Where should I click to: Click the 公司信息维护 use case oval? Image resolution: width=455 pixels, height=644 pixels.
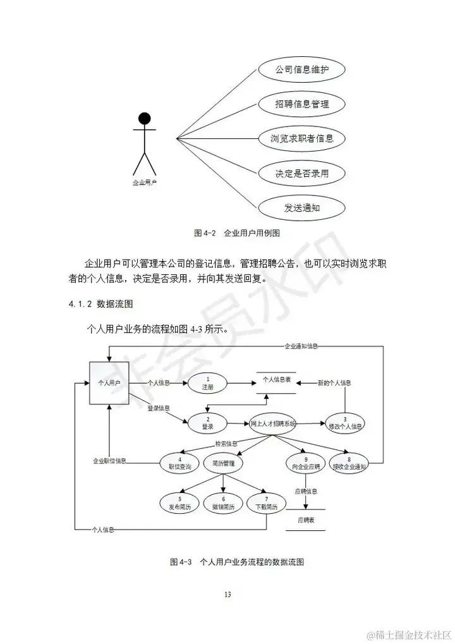[302, 68]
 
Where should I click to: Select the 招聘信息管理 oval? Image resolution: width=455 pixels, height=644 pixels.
[302, 103]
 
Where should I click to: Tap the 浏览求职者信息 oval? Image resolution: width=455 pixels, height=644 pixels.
[302, 138]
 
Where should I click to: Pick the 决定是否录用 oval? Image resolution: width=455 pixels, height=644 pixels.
[302, 172]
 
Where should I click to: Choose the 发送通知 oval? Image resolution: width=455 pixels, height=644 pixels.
[302, 207]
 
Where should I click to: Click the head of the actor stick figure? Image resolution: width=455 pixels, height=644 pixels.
[145, 118]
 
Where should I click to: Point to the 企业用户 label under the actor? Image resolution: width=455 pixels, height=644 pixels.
[144, 183]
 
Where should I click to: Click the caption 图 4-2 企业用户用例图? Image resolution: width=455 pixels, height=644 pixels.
[236, 233]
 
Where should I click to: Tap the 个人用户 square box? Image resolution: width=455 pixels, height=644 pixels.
[109, 383]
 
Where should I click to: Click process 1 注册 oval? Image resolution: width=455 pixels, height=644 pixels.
[207, 382]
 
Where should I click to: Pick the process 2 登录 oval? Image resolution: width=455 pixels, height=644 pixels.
[207, 424]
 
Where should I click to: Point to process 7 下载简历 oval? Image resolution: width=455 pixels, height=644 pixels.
[266, 503]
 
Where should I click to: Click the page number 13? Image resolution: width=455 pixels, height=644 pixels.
[227, 594]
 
